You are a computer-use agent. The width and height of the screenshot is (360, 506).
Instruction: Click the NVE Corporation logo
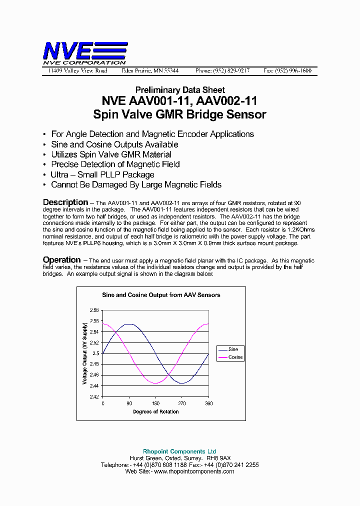84,53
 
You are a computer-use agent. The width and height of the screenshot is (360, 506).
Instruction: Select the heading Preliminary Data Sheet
179,90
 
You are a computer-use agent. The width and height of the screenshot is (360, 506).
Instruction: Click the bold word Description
65,202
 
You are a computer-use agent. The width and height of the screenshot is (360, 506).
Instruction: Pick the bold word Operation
61,260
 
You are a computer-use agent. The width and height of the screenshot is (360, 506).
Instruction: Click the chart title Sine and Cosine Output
161,295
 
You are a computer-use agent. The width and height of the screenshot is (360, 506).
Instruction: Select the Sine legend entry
233,349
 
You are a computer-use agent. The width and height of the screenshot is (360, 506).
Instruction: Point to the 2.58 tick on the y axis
94,310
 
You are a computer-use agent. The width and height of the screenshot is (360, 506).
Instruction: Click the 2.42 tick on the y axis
94,396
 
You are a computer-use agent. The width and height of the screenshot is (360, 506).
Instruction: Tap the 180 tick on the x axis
156,403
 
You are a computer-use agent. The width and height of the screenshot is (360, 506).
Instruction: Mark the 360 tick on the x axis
208,403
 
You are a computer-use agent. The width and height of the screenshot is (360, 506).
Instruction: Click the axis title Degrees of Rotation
155,412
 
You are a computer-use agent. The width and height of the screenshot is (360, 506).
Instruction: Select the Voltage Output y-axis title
84,353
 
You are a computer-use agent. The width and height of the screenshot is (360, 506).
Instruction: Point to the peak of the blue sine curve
129,324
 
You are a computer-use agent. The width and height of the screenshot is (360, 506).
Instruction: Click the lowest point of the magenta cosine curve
156,383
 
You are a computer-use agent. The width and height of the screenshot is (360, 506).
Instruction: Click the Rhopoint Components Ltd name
179,451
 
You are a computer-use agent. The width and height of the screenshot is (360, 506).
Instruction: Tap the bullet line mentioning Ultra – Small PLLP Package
102,174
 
